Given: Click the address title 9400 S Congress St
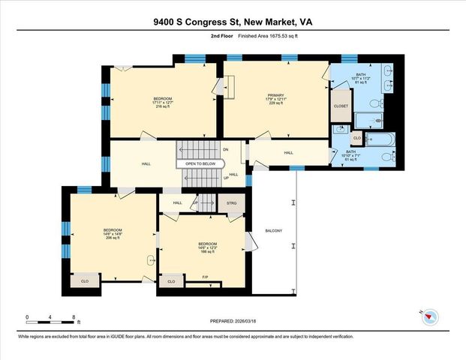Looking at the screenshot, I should point(233,22).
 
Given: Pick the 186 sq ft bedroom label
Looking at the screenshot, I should point(207,247).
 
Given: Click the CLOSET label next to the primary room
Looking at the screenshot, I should point(341,106).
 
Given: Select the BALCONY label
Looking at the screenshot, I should point(273,230).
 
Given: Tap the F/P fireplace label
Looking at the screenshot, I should point(205,277).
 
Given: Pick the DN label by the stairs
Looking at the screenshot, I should point(225,150).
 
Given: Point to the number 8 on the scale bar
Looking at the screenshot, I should point(73,318).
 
